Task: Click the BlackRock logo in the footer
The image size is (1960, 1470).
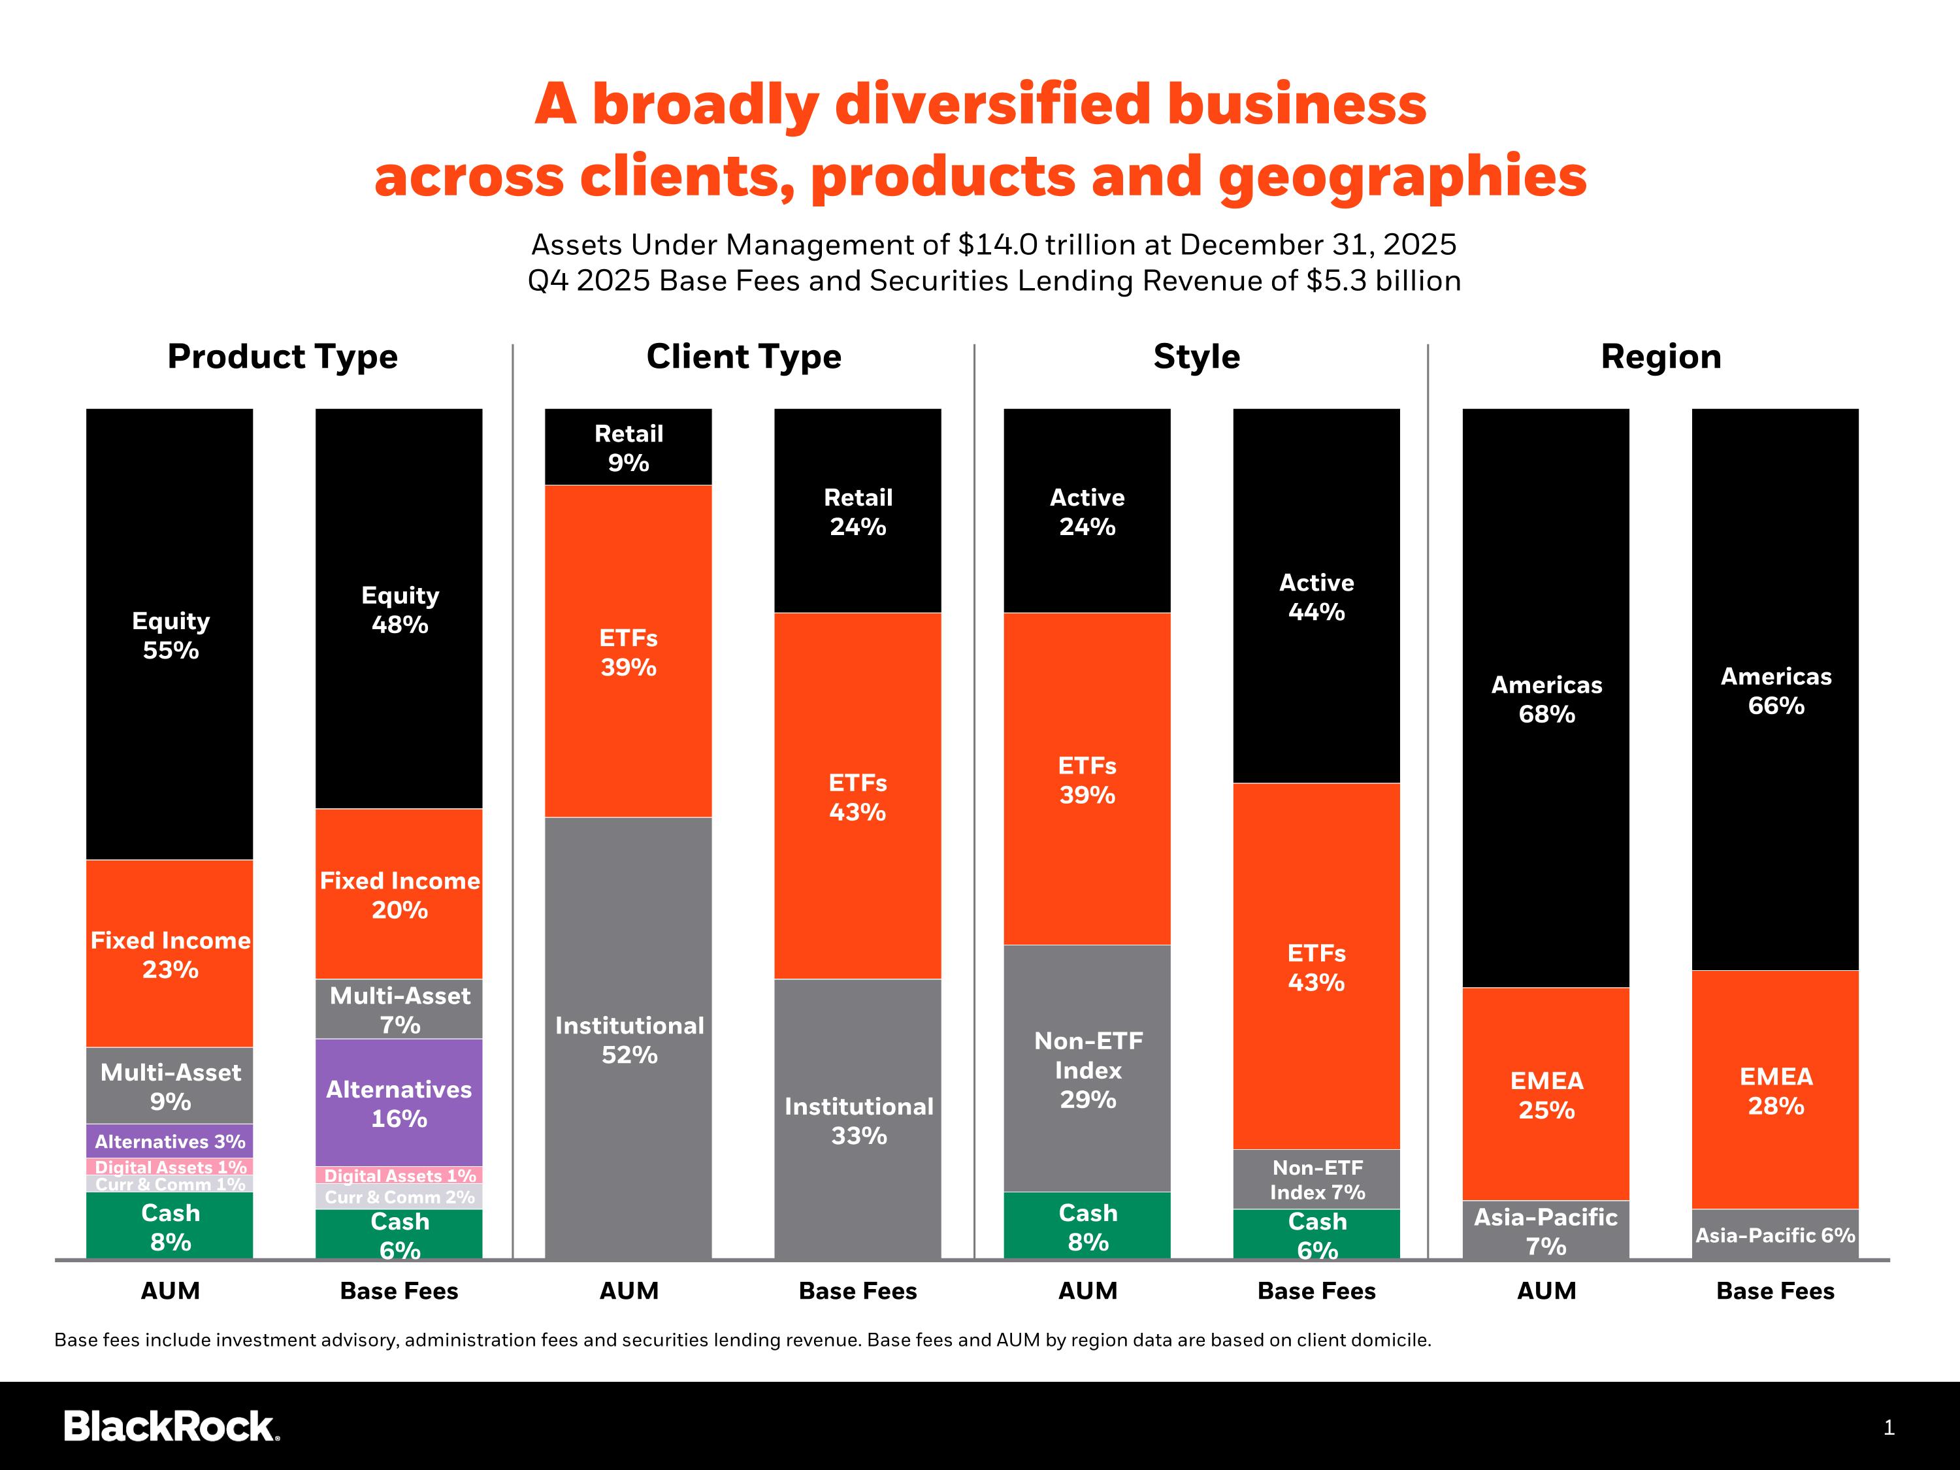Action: click(172, 1426)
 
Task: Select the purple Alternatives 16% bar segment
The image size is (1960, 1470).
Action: click(399, 1102)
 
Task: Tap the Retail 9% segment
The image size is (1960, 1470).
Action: click(629, 447)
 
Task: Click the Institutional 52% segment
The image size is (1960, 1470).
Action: click(629, 1037)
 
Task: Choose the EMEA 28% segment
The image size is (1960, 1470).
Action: click(1776, 1090)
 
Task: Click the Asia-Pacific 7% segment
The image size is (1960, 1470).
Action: click(1546, 1230)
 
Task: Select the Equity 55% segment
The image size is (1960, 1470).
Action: click(169, 634)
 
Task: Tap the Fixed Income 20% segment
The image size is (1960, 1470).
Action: click(399, 893)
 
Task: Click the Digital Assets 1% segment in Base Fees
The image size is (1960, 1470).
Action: click(399, 1175)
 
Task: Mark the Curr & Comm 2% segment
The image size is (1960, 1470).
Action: click(399, 1196)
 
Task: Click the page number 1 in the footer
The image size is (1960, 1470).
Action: click(1888, 1428)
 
